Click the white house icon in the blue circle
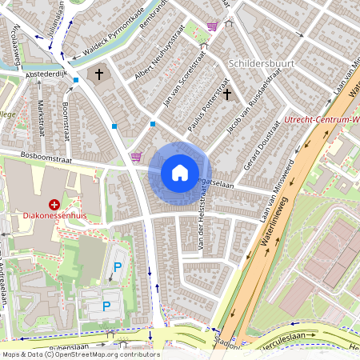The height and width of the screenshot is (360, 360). coord(180,172)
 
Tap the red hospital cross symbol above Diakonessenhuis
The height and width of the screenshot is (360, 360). coord(54,205)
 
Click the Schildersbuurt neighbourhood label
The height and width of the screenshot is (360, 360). coord(262,62)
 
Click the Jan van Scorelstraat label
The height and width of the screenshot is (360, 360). coord(180,78)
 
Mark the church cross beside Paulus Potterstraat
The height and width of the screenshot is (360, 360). coord(227,94)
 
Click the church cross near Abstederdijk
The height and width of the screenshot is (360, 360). coord(99,75)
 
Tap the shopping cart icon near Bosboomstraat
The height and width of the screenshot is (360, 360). coord(135,157)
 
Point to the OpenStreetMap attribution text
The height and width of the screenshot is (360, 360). coord(80,354)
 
